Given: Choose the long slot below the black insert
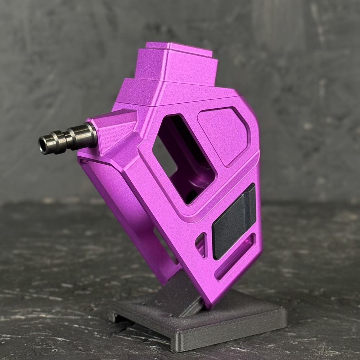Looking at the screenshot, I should (236, 257).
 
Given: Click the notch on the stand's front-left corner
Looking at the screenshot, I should (114, 317).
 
